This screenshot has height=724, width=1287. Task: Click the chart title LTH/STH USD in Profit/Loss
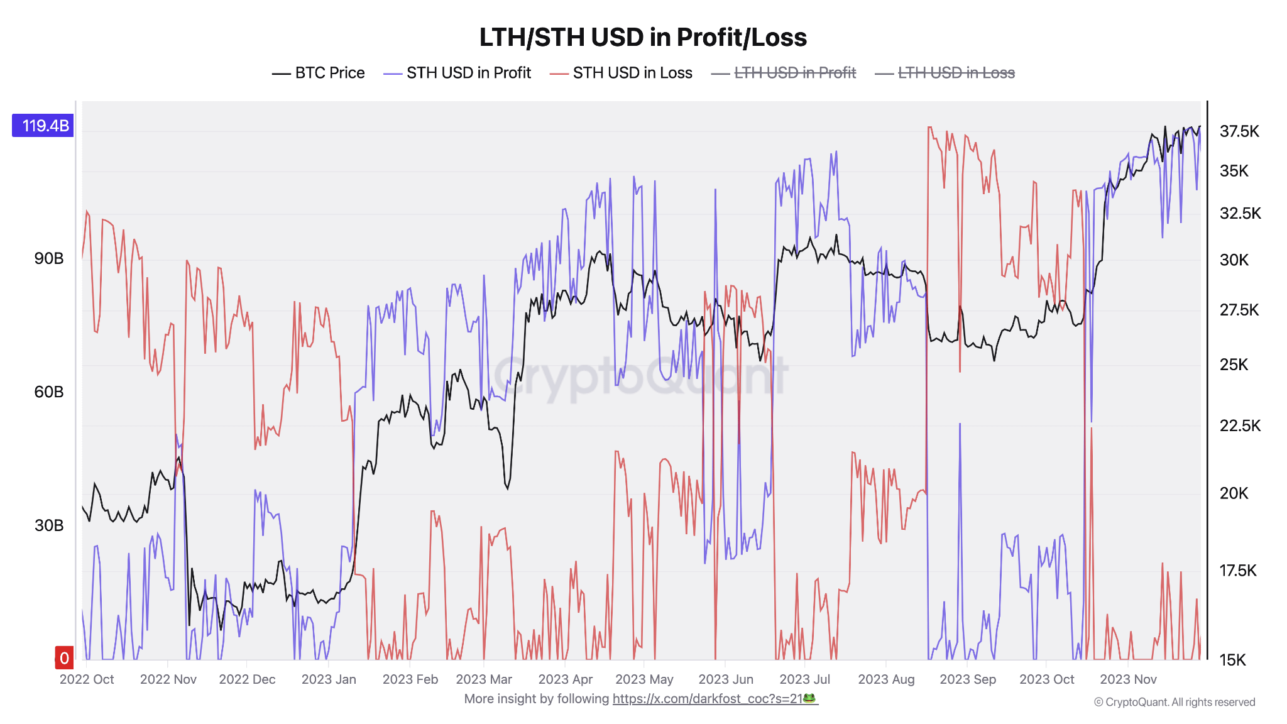tap(643, 37)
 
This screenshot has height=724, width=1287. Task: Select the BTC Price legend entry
tap(319, 73)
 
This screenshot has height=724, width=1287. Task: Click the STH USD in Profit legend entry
tap(457, 73)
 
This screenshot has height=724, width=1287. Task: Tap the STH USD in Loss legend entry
tap(621, 73)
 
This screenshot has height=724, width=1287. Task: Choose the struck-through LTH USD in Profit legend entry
tap(784, 73)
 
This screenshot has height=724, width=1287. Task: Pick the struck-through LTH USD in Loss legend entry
tap(945, 73)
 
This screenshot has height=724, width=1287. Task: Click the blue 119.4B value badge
tap(43, 126)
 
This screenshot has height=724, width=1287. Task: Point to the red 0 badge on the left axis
tap(64, 658)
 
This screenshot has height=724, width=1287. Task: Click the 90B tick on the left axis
tap(49, 258)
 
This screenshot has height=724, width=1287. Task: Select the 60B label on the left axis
tap(49, 392)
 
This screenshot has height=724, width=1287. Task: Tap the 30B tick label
tap(49, 525)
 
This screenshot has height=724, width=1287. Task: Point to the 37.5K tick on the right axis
tap(1239, 131)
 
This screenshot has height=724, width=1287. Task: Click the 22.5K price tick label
tap(1240, 425)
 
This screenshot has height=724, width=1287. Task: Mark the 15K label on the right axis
tap(1232, 660)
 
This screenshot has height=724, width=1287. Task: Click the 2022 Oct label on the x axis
tap(87, 679)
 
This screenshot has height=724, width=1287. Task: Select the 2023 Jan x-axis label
tap(329, 679)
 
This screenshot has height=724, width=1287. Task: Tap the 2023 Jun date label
tap(726, 679)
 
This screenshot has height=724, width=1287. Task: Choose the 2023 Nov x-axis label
tap(1128, 679)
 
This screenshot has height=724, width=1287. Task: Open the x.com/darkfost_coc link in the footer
tap(715, 699)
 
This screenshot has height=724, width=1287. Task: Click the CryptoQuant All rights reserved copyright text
tap(1175, 702)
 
